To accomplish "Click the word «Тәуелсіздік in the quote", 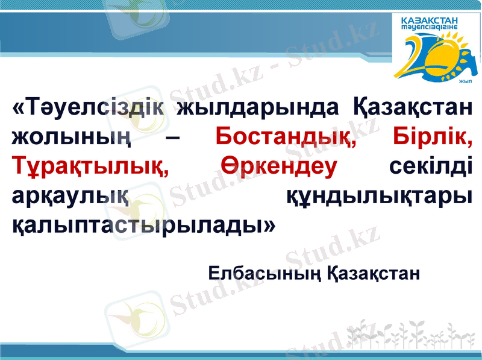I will tap(89, 109).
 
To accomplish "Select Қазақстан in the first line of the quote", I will tap(410, 109).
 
